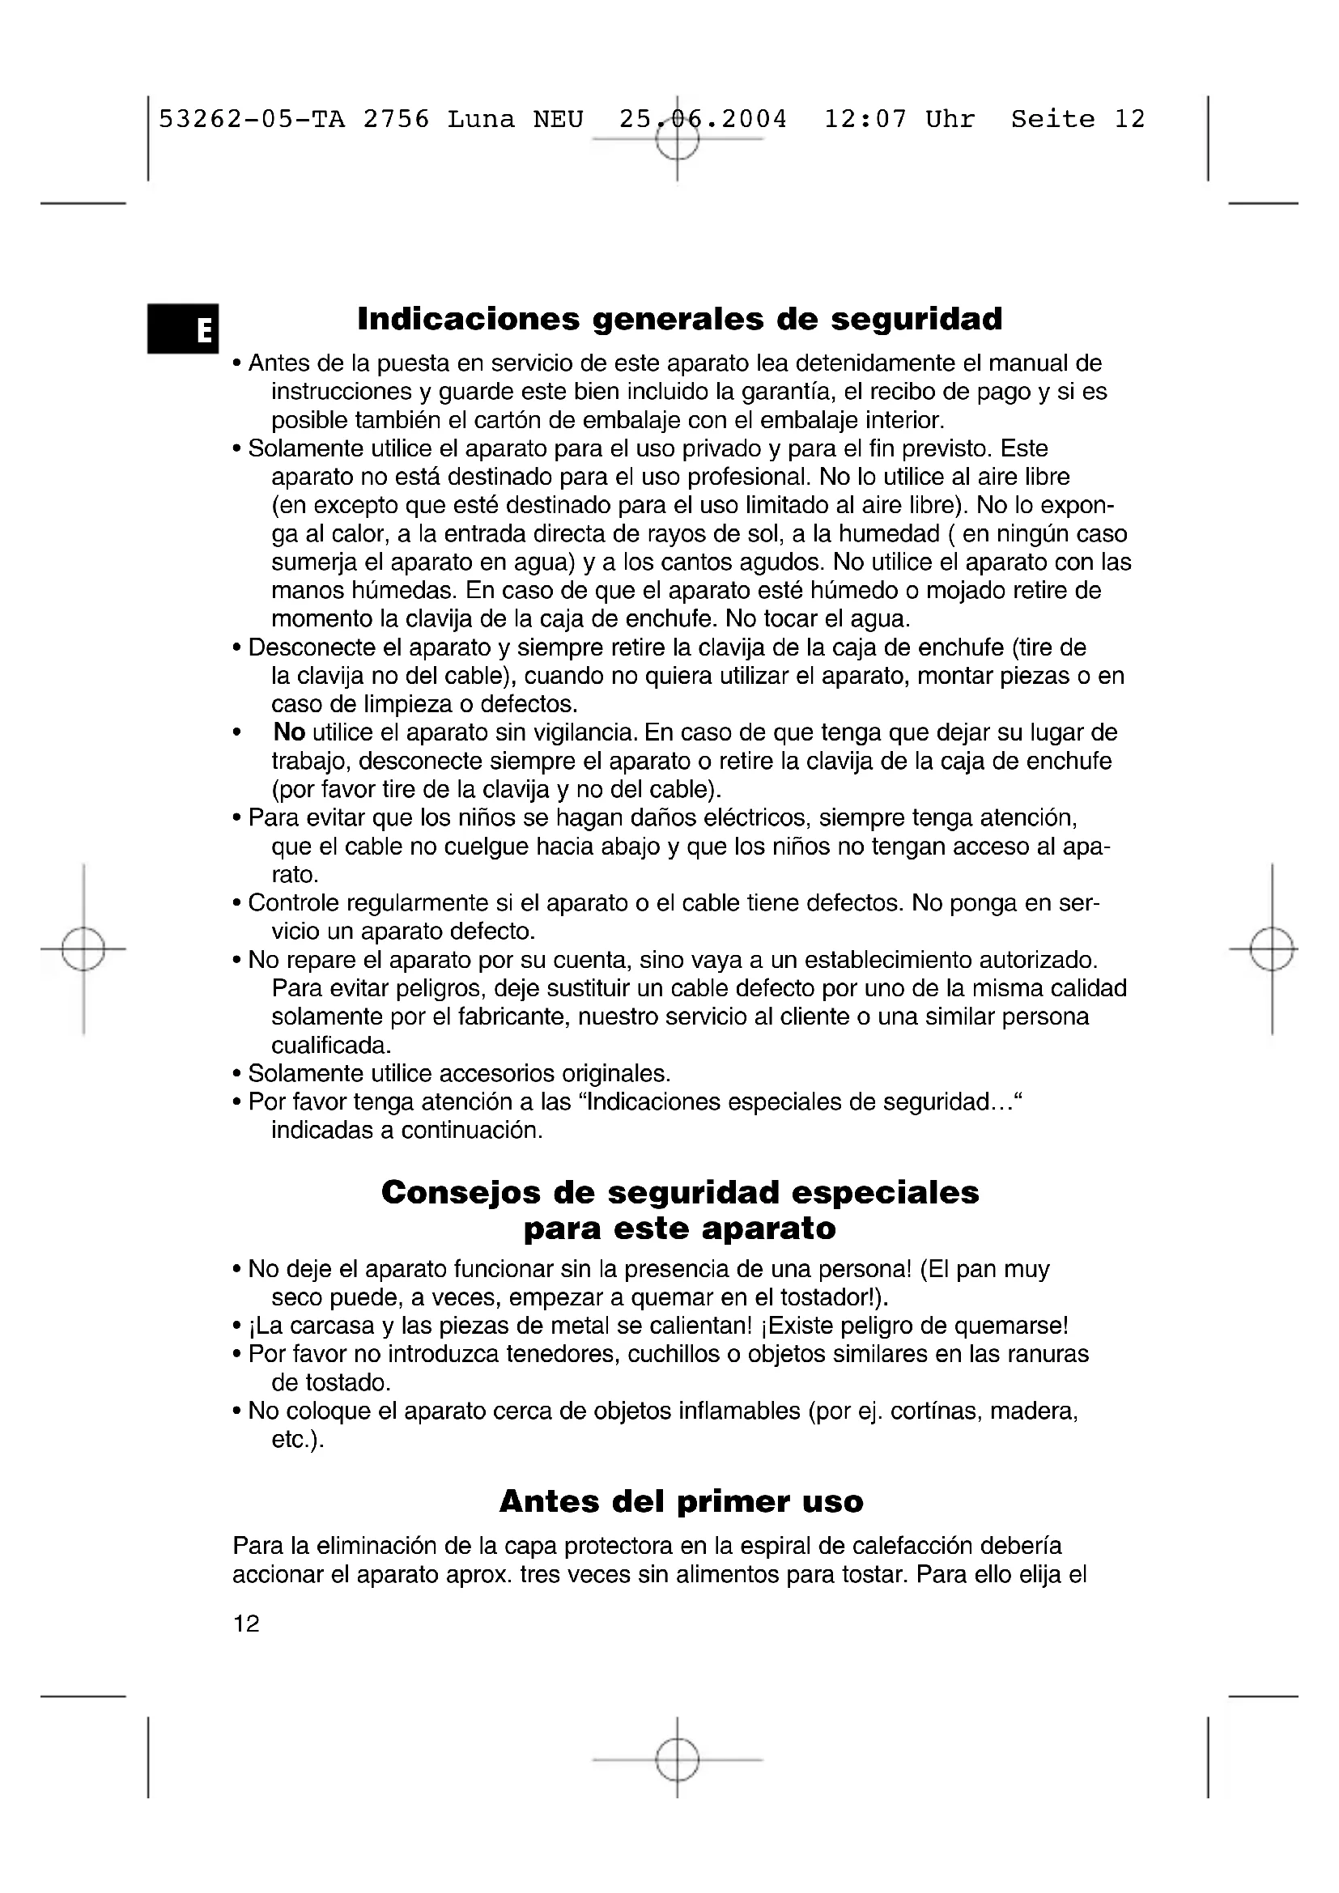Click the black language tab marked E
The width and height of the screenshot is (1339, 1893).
pyautogui.click(x=183, y=328)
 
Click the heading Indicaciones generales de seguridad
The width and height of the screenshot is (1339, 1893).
pyautogui.click(x=679, y=319)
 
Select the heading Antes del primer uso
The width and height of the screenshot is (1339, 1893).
pyautogui.click(x=681, y=1501)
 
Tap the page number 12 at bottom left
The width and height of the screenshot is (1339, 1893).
pyautogui.click(x=247, y=1624)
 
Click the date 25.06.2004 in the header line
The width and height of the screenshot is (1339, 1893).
pyautogui.click(x=704, y=120)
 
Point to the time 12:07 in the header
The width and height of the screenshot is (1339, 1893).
pyautogui.click(x=865, y=120)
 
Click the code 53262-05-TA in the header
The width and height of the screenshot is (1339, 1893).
pyautogui.click(x=252, y=120)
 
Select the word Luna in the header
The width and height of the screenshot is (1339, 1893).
pyautogui.click(x=481, y=120)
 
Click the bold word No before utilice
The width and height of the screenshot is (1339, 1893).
pyautogui.click(x=289, y=732)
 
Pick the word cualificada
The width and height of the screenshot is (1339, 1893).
pyautogui.click(x=331, y=1046)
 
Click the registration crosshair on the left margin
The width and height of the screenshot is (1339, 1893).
pyautogui.click(x=83, y=949)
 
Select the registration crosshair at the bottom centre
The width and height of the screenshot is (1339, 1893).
pyautogui.click(x=678, y=1760)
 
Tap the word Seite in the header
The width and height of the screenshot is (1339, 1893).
pyautogui.click(x=1053, y=120)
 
